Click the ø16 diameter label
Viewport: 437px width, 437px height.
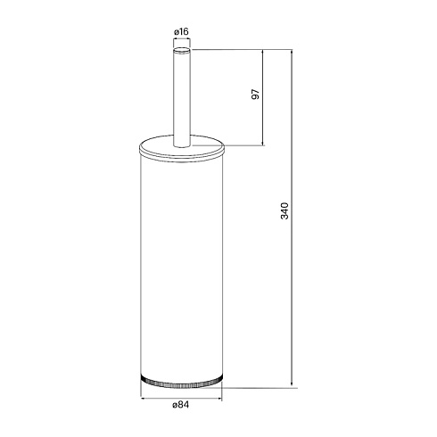pyautogui.click(x=181, y=31)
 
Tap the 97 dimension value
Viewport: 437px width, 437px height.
pyautogui.click(x=256, y=95)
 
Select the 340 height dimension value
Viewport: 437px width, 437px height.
pyautogui.click(x=284, y=210)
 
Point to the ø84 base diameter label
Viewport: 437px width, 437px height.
pyautogui.click(x=181, y=405)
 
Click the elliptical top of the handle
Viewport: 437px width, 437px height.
pyautogui.click(x=182, y=50)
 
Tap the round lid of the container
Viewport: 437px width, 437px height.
pyautogui.click(x=181, y=149)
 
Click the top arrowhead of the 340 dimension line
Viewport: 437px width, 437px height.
pyautogui.click(x=292, y=53)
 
